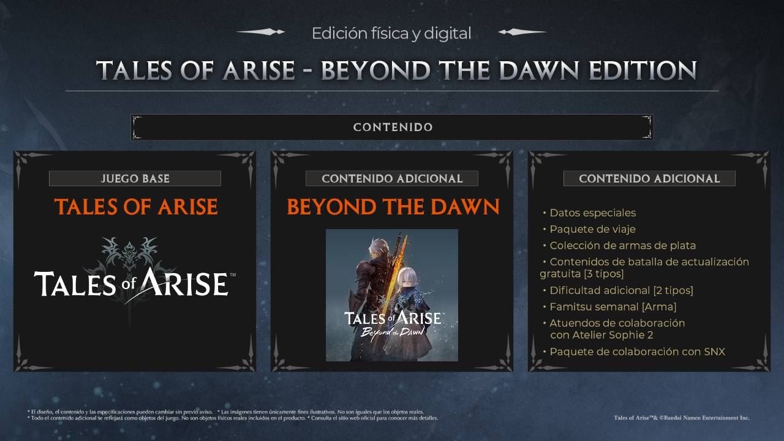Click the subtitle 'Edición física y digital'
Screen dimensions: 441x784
391,33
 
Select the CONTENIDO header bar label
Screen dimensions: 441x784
393,127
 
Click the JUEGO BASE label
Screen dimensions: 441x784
135,179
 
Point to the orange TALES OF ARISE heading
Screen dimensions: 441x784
135,207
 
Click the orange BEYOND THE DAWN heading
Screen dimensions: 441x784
393,207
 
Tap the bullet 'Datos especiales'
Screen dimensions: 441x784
592,213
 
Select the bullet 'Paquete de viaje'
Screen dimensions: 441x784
592,229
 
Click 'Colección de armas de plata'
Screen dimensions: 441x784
622,246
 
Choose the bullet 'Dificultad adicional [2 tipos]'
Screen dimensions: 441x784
621,290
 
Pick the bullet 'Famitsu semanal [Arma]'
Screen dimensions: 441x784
612,307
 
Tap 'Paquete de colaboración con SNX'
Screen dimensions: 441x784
637,352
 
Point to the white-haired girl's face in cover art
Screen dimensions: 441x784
406,282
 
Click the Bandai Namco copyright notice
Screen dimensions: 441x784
681,418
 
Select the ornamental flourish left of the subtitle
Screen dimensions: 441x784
261,32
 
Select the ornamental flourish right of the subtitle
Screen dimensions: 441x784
522,32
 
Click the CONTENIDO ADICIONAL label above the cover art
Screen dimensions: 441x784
392,179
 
